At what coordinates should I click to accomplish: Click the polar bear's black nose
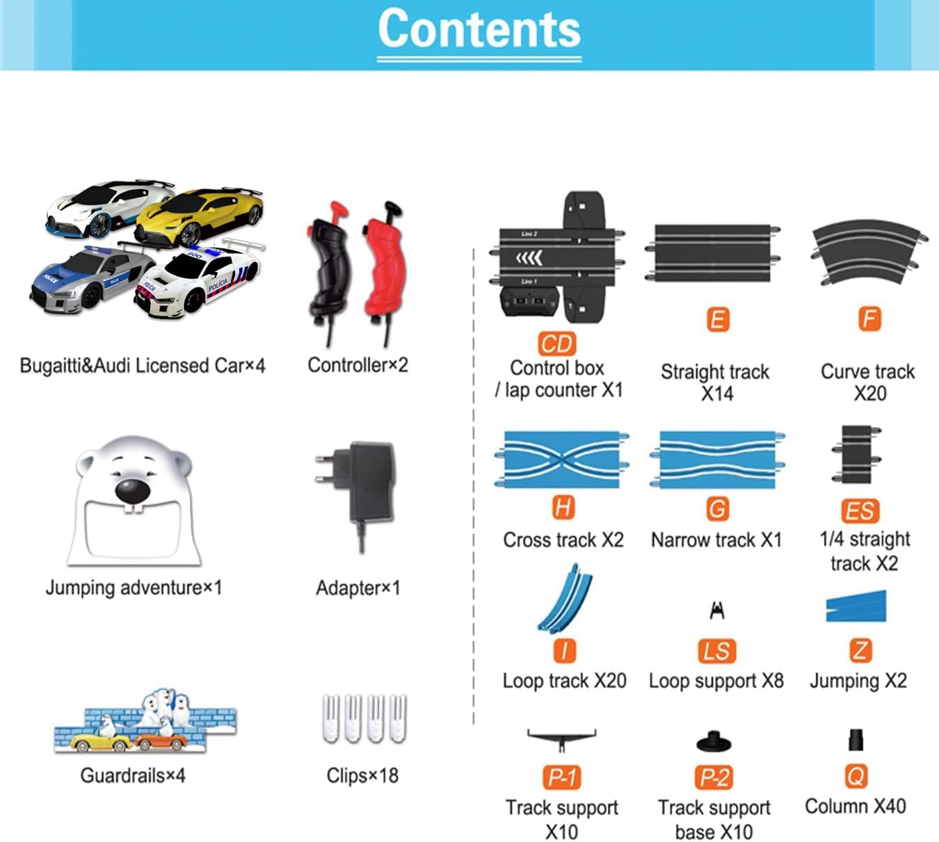(x=131, y=491)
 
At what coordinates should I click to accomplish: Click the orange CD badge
(x=556, y=343)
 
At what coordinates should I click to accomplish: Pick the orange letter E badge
(x=717, y=320)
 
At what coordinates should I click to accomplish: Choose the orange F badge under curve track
(x=869, y=320)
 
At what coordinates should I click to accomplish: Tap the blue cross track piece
(x=562, y=460)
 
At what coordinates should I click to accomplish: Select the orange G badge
(x=716, y=508)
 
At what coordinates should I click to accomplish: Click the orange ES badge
(x=860, y=511)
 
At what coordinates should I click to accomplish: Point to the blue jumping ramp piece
(x=857, y=606)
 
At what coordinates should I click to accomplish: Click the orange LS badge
(x=716, y=651)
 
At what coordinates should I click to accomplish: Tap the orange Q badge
(x=856, y=776)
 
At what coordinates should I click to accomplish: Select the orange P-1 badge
(x=561, y=777)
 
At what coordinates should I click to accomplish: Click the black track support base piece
(x=714, y=742)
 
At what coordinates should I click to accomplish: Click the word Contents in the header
(x=479, y=29)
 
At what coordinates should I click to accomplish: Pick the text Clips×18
(x=362, y=775)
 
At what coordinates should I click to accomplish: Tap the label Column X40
(x=855, y=807)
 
